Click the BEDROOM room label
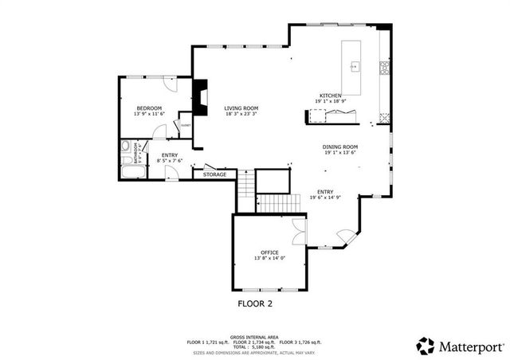point(149,108)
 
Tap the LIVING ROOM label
point(241,108)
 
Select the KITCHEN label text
point(331,96)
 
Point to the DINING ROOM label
point(340,147)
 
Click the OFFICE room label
point(269,252)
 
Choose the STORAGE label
point(214,174)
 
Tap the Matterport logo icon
point(426,346)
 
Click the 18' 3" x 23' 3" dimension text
point(241,114)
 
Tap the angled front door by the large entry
point(344,236)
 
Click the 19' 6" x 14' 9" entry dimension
point(326,198)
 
